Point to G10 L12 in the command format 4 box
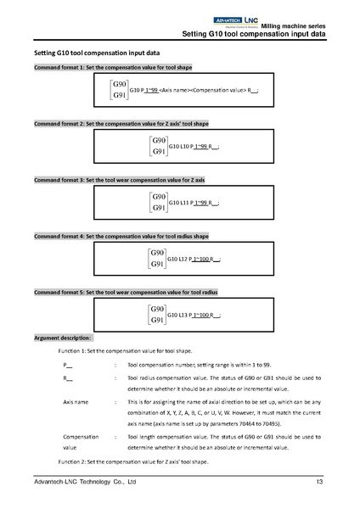click(x=179, y=258)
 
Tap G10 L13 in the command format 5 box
click(x=179, y=315)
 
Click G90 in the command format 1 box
click(x=121, y=85)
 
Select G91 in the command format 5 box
click(x=157, y=321)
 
